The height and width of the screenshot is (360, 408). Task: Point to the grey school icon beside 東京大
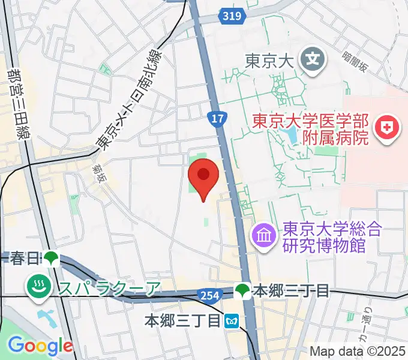pyautogui.click(x=313, y=59)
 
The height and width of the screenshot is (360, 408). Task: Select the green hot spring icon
pyautogui.click(x=38, y=288)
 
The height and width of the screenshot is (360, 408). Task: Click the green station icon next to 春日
pyautogui.click(x=50, y=259)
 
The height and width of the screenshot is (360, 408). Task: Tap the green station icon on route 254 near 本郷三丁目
pyautogui.click(x=242, y=292)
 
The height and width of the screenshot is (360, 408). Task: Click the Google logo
pyautogui.click(x=40, y=345)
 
